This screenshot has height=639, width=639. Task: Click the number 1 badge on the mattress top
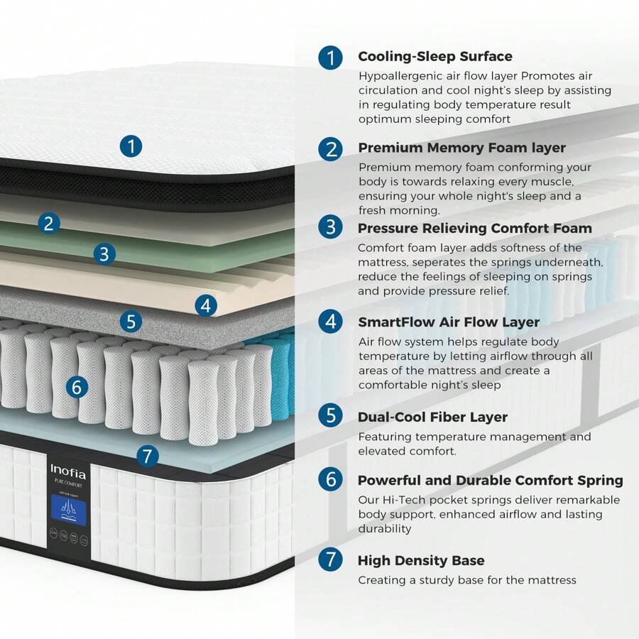[131, 146]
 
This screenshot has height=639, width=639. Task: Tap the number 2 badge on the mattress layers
[48, 224]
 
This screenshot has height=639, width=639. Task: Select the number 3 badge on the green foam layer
[104, 253]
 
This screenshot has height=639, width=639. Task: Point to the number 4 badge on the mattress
[205, 306]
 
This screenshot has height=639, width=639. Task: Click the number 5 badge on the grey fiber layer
[130, 322]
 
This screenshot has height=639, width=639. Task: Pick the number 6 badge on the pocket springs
[77, 387]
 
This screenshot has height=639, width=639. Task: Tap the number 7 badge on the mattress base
[146, 456]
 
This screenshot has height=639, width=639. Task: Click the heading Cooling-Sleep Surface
[435, 56]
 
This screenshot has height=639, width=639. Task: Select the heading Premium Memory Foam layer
[461, 148]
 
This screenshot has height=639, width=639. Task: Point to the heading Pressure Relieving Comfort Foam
[474, 228]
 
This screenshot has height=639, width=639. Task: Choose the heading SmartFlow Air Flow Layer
[449, 322]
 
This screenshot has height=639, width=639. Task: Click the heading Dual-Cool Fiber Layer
[432, 417]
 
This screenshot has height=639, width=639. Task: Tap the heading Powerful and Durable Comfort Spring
[490, 481]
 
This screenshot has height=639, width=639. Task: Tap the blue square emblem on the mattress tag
[68, 510]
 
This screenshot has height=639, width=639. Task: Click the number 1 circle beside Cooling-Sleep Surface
[330, 58]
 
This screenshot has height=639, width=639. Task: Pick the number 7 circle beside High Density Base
[330, 559]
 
